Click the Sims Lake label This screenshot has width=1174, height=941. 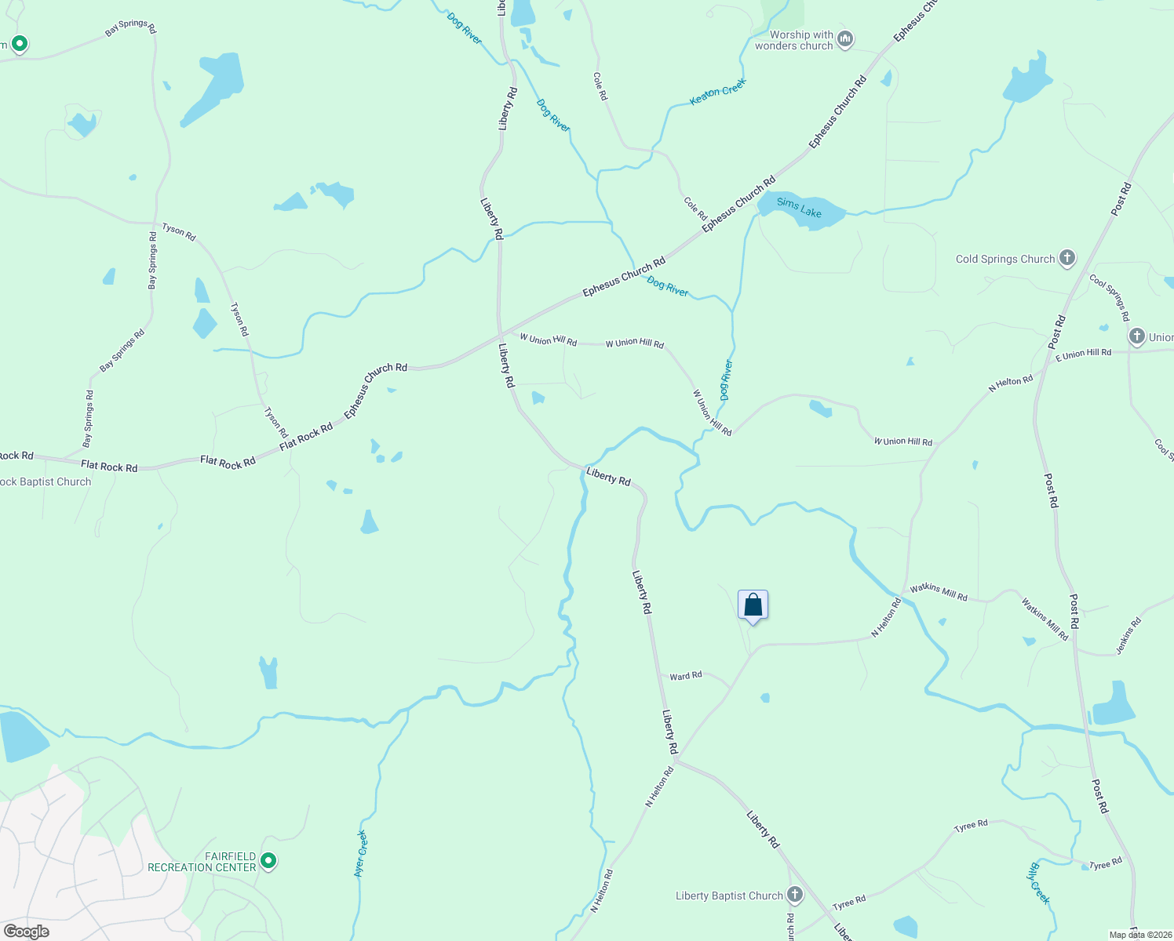click(799, 208)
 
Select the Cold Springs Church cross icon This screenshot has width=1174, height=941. click(1066, 258)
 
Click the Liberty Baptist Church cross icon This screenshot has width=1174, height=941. click(795, 895)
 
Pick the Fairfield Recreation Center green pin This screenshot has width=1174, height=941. click(268, 861)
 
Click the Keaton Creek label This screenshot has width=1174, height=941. click(717, 92)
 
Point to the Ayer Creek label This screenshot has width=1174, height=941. click(361, 853)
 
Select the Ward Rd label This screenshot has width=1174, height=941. click(686, 676)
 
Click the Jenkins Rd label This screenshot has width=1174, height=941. click(1128, 636)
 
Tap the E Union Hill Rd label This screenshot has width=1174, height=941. click(1084, 354)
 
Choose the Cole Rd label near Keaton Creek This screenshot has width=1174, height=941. click(600, 86)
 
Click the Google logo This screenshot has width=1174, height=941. click(26, 932)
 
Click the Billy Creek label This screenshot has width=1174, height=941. click(1039, 883)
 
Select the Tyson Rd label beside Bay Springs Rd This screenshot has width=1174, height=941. click(179, 231)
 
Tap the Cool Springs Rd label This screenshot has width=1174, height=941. click(1109, 297)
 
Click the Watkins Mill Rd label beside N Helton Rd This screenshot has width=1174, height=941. click(939, 593)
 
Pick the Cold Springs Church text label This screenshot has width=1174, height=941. click(1005, 259)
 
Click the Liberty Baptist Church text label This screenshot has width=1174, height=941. click(730, 896)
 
